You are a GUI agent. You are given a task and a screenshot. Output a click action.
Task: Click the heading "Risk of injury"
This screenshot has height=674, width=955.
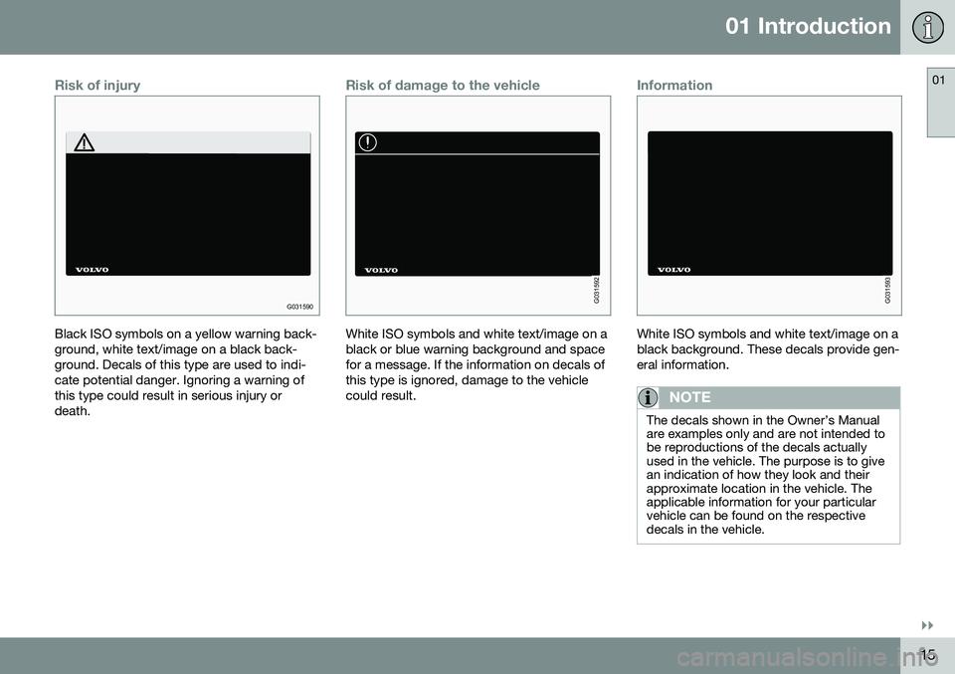point(97,86)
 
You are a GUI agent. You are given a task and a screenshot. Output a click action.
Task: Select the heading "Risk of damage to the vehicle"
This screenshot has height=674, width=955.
point(443,86)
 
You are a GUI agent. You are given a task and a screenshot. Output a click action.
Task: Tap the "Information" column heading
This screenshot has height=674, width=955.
point(674,86)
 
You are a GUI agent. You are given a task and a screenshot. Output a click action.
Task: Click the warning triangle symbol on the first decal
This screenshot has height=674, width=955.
point(84,142)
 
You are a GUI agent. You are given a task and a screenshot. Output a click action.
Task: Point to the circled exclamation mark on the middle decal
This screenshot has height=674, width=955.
point(368,142)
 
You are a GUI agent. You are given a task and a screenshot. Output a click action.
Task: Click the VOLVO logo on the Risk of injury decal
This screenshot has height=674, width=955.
point(92,270)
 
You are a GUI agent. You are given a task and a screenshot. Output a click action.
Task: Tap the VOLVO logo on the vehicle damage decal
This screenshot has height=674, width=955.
point(381,270)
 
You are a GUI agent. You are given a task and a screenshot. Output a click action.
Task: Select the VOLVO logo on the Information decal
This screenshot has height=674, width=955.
point(674,270)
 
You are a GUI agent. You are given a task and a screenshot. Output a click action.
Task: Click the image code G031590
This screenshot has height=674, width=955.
point(300,307)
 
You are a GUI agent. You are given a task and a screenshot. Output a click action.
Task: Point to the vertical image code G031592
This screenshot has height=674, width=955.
point(597,290)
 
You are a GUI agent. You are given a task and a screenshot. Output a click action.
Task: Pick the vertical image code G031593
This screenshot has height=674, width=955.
point(888,290)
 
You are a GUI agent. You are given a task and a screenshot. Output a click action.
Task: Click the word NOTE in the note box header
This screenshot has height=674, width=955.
point(690,397)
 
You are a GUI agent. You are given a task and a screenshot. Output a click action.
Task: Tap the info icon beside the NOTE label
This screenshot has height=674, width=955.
point(648,397)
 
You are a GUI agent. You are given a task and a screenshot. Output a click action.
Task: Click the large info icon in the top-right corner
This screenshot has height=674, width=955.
point(927,28)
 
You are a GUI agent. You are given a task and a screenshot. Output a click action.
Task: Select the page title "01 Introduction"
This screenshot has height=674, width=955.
point(808,26)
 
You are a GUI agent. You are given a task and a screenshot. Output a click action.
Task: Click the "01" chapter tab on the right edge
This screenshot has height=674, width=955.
point(938,80)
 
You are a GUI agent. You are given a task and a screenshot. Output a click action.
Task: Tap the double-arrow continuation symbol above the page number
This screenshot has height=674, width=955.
point(927,626)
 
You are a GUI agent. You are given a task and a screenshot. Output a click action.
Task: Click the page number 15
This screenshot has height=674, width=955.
point(927,654)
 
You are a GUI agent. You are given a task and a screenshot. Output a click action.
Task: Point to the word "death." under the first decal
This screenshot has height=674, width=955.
point(73,411)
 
